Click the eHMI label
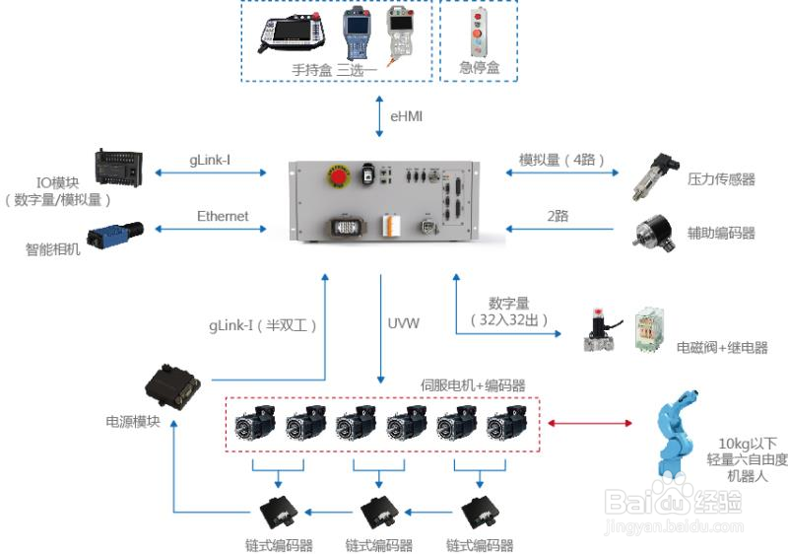406,116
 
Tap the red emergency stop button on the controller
339,175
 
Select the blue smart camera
115,234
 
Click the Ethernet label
223,216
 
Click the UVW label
403,323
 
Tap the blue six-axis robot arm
676,434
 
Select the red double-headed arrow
589,423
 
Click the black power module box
172,386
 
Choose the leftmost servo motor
255,423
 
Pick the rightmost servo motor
507,423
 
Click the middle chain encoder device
379,513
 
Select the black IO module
118,168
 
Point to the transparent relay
649,330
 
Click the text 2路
558,216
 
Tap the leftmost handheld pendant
292,34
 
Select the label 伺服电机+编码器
473,385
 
